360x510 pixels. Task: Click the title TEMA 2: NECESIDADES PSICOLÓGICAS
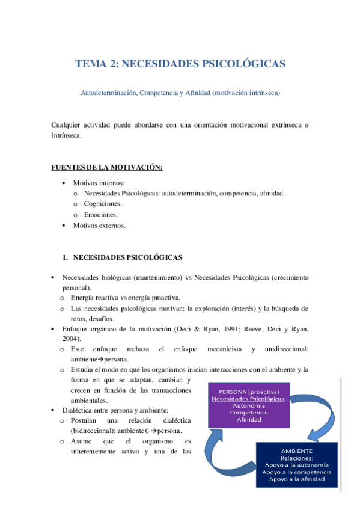(x=180, y=64)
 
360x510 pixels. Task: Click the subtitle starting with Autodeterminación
(x=180, y=93)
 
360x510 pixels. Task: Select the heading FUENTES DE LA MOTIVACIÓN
(x=107, y=168)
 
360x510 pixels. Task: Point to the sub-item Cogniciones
(x=103, y=204)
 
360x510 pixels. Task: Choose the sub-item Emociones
(x=101, y=214)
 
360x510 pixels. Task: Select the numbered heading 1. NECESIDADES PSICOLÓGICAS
(x=127, y=257)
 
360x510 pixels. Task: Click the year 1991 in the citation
(x=226, y=329)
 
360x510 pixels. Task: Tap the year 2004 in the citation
(x=70, y=339)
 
